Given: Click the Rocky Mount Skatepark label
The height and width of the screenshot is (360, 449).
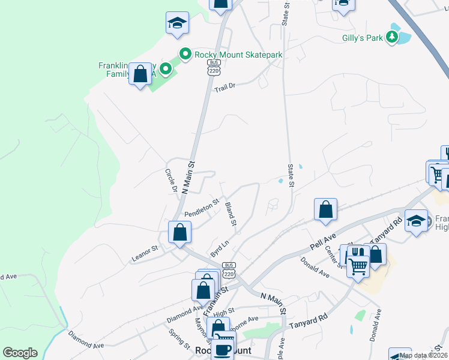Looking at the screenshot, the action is point(238,55).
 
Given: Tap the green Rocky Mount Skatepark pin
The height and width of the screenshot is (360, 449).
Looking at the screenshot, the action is point(185,54).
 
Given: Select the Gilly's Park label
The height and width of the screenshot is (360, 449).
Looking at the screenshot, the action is point(359,38).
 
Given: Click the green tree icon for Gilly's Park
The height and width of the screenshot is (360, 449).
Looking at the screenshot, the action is point(392,38).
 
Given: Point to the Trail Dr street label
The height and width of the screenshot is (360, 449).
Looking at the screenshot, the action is point(224,86).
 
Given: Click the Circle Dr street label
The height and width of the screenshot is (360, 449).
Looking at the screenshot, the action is point(171,180).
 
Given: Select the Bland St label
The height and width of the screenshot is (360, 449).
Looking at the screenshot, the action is point(231,214).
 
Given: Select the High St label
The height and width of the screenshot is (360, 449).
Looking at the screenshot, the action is point(223,312).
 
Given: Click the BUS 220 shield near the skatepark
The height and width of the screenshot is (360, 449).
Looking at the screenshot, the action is point(214,67).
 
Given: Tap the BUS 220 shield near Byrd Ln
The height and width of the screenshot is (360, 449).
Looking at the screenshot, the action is point(228,270).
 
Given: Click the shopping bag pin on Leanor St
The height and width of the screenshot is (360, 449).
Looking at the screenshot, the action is point(180,232).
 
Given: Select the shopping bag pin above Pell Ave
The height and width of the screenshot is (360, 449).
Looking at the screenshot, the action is point(325,210).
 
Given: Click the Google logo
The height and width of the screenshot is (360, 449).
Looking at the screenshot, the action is point(20,353).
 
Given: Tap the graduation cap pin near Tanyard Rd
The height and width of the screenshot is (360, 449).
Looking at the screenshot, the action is point(416,221).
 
